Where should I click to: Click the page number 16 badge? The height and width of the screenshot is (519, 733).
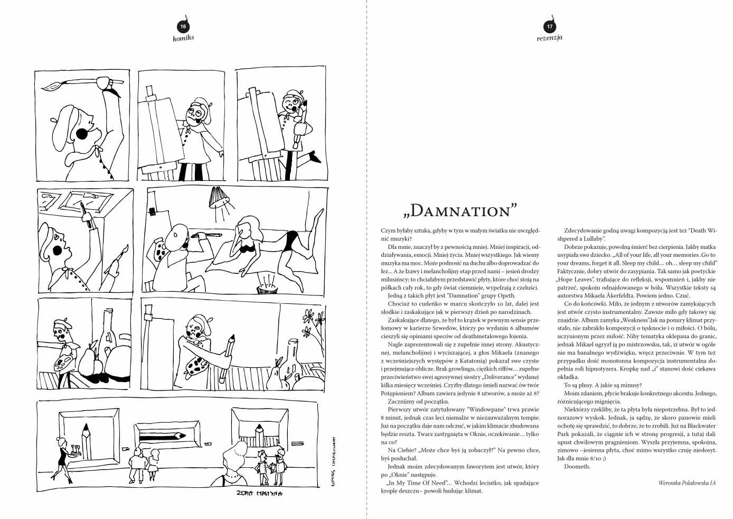click(x=183, y=26)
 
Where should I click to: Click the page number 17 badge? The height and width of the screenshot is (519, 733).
click(x=549, y=26)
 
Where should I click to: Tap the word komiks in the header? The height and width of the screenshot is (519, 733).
click(x=183, y=38)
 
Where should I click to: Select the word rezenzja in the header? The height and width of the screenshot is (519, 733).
click(x=549, y=38)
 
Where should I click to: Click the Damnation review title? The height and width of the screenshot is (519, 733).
click(x=459, y=210)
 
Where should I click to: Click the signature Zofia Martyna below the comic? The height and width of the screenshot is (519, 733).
click(x=260, y=494)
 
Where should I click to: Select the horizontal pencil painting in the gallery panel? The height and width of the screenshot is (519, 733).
click(x=161, y=436)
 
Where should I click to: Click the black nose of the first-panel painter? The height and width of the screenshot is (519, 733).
click(x=81, y=134)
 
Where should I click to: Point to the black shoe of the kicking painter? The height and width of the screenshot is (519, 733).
click(x=315, y=157)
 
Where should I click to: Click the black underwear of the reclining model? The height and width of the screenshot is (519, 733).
click(x=289, y=240)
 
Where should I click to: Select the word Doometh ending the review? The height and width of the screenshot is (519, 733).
click(x=577, y=467)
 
